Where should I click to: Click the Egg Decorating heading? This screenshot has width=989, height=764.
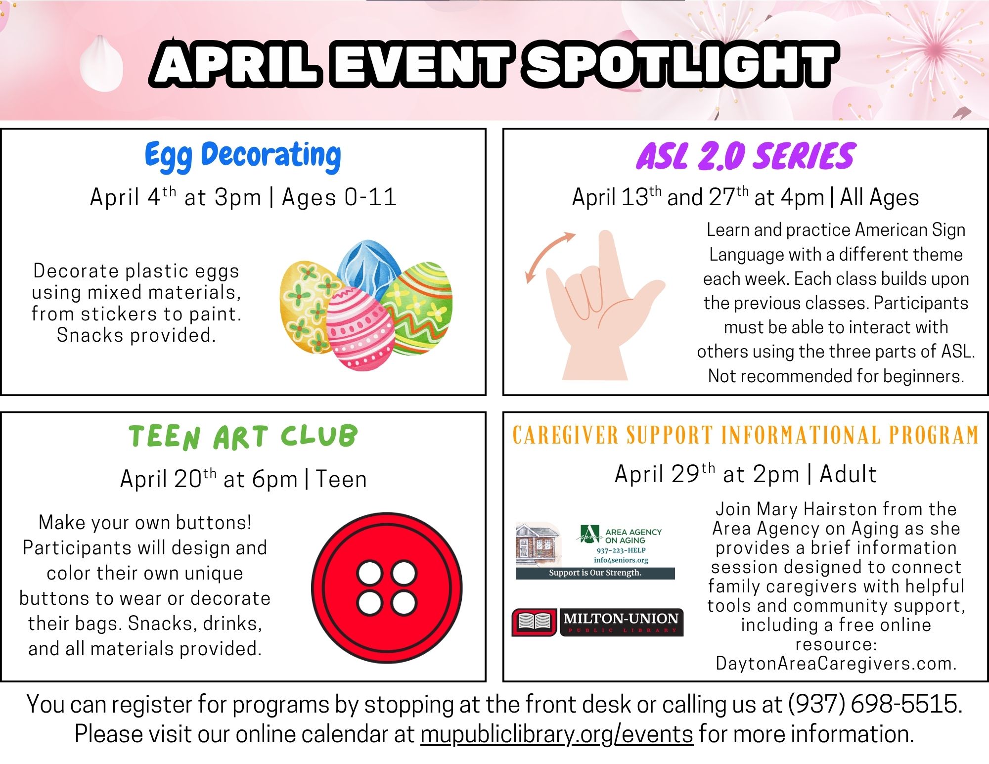coord(243,156)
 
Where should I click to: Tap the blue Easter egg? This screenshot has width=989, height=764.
coord(368,267)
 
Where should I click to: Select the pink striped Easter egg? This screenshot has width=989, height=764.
coord(360,329)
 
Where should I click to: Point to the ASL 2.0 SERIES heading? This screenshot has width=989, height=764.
coord(745,156)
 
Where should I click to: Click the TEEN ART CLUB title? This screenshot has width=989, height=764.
coord(243,437)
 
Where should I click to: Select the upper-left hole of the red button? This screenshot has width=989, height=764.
coord(370,574)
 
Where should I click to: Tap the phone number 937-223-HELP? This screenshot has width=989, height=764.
coord(621,550)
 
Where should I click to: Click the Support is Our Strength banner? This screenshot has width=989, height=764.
coord(595,573)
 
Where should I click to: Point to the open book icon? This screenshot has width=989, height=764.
coord(534,622)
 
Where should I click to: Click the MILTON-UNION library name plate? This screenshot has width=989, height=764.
coord(622,622)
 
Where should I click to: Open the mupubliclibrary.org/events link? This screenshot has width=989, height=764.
coord(557,734)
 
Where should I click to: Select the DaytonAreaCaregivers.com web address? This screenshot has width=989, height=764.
coord(836,663)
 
